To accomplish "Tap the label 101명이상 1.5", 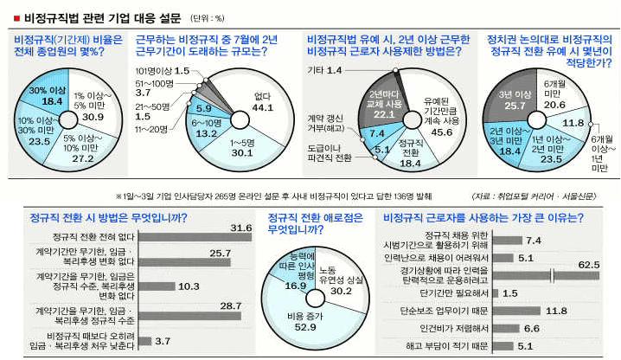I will click(163, 68).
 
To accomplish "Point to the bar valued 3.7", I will click(142, 340).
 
